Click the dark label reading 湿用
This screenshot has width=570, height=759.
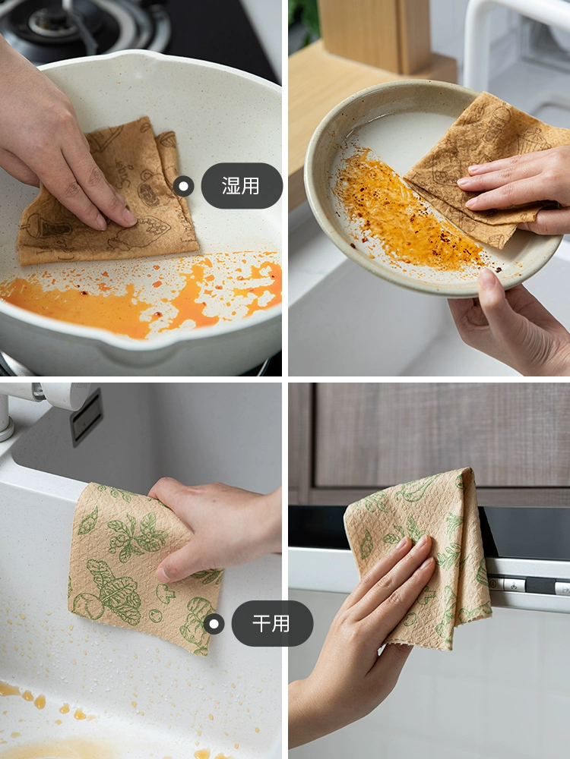point(242,186)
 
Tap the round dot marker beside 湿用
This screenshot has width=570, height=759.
point(183,186)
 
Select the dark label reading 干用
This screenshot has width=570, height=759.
point(272,623)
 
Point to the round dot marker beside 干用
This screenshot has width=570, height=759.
point(214,623)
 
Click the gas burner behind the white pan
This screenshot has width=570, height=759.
point(87,24)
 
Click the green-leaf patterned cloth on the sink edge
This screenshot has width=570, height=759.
point(141,566)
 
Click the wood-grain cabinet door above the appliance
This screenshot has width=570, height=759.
point(441,435)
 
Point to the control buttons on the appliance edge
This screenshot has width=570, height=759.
point(528,584)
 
